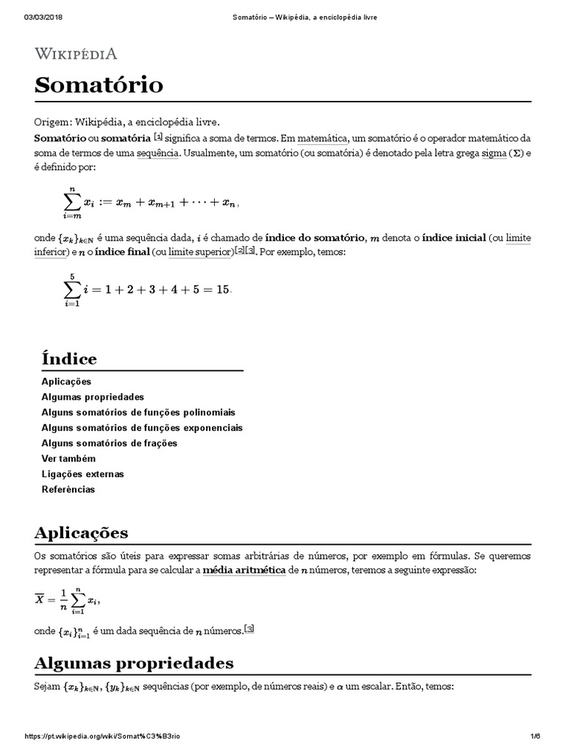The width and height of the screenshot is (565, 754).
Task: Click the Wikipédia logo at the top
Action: tap(76, 54)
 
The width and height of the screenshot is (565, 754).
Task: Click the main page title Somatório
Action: tap(99, 85)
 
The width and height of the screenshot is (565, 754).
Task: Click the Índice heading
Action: tap(69, 359)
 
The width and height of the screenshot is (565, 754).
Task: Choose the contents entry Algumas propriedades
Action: tap(93, 397)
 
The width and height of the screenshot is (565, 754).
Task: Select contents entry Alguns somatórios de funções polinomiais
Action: tap(138, 412)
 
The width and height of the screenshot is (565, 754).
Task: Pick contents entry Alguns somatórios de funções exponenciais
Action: tap(142, 428)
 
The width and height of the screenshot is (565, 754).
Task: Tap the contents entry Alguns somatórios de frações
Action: tap(110, 443)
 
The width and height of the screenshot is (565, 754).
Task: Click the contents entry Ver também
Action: tap(69, 459)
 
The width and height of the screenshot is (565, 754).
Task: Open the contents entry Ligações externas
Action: tap(82, 474)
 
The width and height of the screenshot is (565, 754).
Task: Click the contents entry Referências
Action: tap(68, 490)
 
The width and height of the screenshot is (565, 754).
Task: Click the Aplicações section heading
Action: tap(81, 533)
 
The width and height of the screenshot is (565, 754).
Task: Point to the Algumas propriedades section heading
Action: tap(134, 663)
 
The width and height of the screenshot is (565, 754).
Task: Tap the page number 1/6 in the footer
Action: tap(535, 737)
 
